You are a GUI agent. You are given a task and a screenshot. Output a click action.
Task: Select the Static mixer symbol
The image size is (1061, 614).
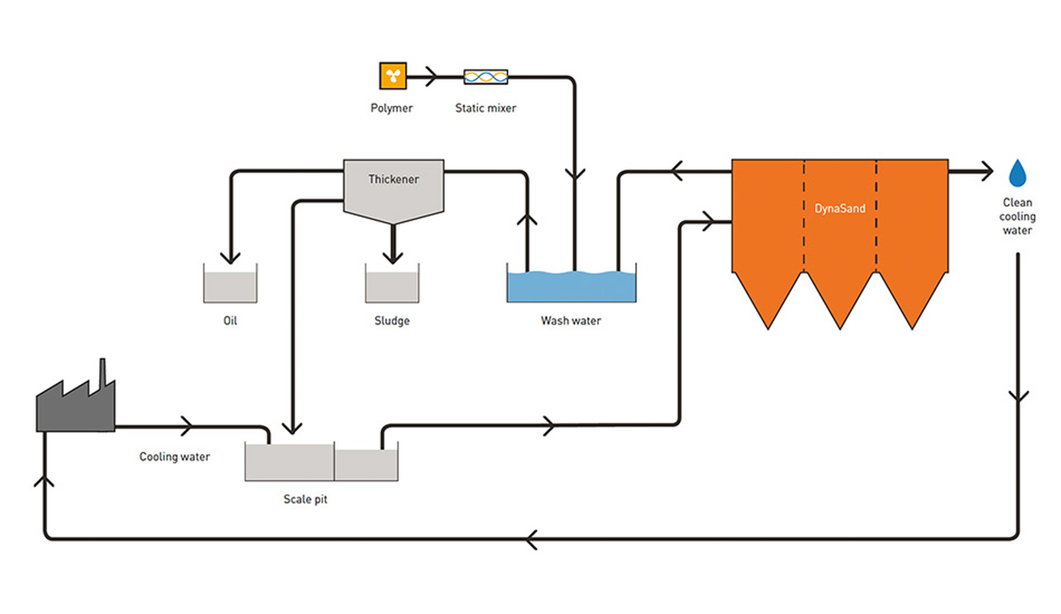485,77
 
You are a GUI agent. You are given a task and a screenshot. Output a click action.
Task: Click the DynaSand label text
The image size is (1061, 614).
839,208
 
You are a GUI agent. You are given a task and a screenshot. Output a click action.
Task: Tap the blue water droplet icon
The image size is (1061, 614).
1018,173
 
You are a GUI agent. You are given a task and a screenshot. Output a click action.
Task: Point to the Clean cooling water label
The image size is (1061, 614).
1017,216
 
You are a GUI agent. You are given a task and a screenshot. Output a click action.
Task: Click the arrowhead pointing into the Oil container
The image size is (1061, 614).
230,257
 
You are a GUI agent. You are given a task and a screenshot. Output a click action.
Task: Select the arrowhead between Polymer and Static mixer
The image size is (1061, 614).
432,77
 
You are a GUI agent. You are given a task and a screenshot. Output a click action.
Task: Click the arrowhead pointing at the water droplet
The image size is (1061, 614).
987,171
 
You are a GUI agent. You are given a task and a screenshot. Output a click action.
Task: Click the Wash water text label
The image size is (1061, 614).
571,321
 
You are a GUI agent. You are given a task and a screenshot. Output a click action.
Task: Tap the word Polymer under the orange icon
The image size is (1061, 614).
392,108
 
